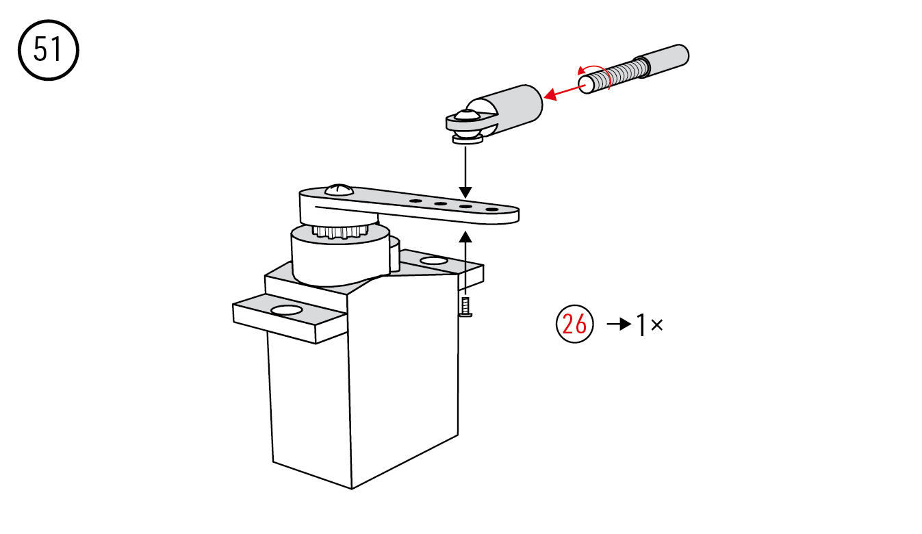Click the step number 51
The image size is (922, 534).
point(48,50)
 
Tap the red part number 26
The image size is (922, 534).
point(574,325)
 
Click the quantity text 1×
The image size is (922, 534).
point(650,325)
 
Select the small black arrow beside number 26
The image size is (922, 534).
point(619,325)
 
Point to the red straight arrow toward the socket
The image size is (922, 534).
point(564,92)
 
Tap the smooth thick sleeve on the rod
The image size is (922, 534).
point(663,60)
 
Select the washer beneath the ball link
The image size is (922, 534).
point(468,140)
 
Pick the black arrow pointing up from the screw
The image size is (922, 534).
point(465,263)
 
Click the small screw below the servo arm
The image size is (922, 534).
point(465,307)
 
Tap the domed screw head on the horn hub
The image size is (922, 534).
point(339,190)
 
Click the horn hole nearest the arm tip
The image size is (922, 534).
point(491,209)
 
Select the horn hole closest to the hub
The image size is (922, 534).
point(415,201)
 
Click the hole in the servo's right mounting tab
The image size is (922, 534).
point(434,260)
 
